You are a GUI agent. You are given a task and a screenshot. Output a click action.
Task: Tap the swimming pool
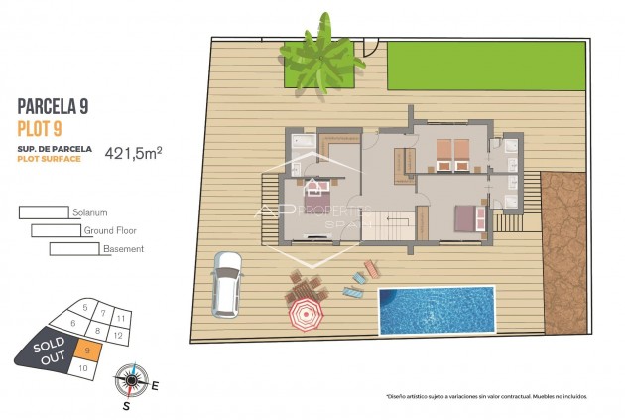pyautogui.click(x=435, y=310)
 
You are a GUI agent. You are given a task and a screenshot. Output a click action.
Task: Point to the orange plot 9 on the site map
pyautogui.click(x=88, y=350)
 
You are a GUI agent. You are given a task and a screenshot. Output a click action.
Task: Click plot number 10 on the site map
pyautogui.click(x=83, y=368)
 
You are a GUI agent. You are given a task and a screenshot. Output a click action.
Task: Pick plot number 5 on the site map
pyautogui.click(x=86, y=309)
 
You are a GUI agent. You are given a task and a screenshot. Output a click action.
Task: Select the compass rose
pyautogui.click(x=131, y=379)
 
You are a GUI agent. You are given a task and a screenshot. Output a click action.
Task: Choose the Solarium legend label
pyautogui.click(x=88, y=212)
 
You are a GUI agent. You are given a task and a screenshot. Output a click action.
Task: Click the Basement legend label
pyautogui.click(x=123, y=249)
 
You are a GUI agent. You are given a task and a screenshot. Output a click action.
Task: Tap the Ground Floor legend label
pyautogui.click(x=109, y=230)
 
